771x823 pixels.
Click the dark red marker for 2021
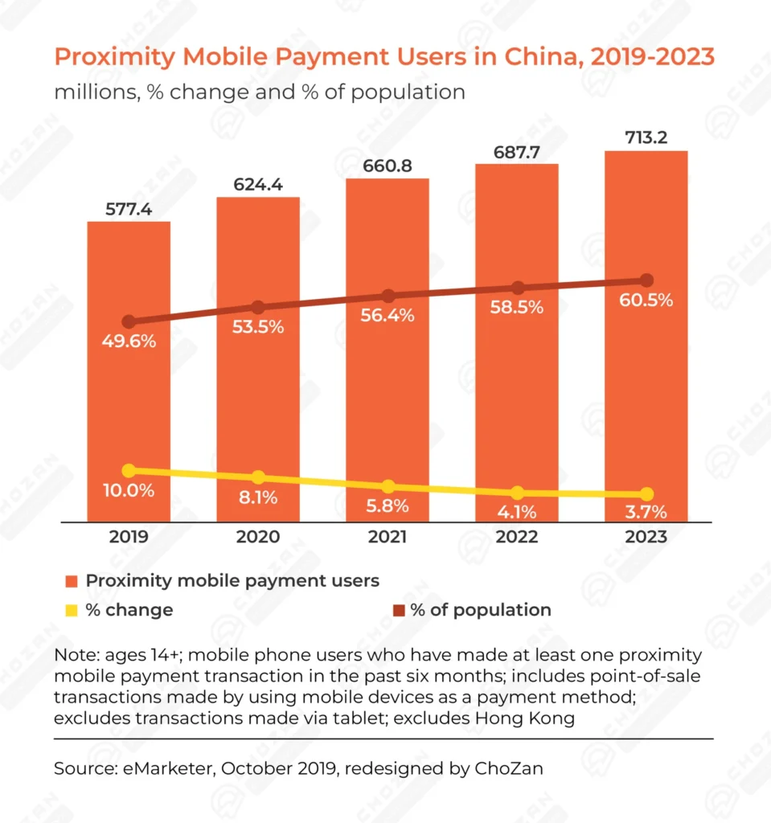click(x=388, y=297)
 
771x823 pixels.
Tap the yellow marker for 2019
click(x=129, y=471)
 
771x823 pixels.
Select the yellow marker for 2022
click(x=517, y=493)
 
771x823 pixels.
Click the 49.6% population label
click(x=129, y=341)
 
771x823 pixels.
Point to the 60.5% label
click(x=646, y=300)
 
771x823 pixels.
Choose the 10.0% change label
click(x=129, y=490)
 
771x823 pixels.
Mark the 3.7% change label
click(x=646, y=512)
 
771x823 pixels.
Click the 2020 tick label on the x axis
click(x=258, y=537)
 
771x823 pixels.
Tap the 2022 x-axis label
click(x=517, y=537)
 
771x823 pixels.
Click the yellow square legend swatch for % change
click(x=72, y=610)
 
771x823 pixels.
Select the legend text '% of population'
click(x=480, y=610)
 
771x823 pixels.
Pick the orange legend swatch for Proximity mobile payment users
click(x=72, y=580)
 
